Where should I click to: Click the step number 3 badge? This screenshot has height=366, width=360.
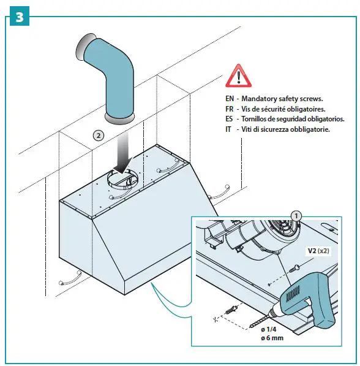click(20, 16)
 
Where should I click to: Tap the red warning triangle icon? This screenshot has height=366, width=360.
click(238, 76)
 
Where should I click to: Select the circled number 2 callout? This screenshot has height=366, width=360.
click(99, 135)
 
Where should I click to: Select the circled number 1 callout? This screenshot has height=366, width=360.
click(296, 216)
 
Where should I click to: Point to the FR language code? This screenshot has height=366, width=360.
click(230, 109)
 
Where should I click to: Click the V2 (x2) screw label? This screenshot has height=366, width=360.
click(318, 251)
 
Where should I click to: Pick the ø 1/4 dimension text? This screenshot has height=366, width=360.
click(269, 329)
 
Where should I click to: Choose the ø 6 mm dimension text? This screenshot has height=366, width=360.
click(272, 338)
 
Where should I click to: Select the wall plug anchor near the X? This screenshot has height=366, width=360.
click(231, 310)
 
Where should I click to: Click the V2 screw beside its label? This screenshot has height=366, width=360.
click(294, 268)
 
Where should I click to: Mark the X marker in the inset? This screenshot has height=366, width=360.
click(216, 319)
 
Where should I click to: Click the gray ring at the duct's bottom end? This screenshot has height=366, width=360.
click(120, 118)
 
